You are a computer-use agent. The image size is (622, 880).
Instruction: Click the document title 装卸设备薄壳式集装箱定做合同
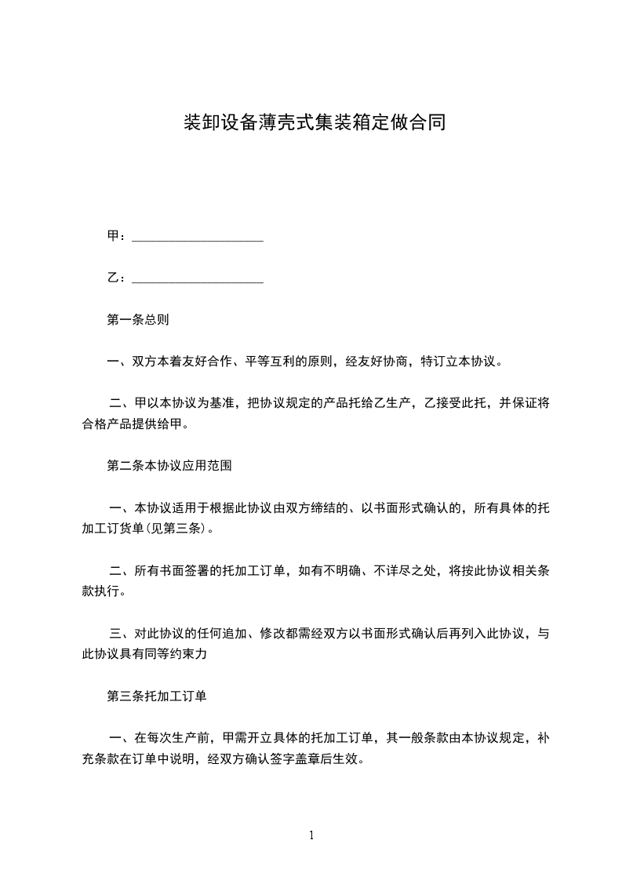[x=314, y=123]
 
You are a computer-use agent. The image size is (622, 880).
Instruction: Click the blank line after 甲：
[x=197, y=237]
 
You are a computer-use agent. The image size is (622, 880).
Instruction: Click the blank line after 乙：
[x=197, y=278]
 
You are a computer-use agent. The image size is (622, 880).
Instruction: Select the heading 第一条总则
[x=137, y=320]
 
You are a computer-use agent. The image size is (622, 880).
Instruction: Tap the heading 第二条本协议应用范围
[x=169, y=466]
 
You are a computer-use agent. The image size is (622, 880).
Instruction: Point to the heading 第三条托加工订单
[x=156, y=696]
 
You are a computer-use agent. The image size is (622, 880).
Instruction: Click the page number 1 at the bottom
[x=311, y=835]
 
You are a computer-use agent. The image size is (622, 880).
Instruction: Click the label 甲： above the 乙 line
[x=115, y=237]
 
